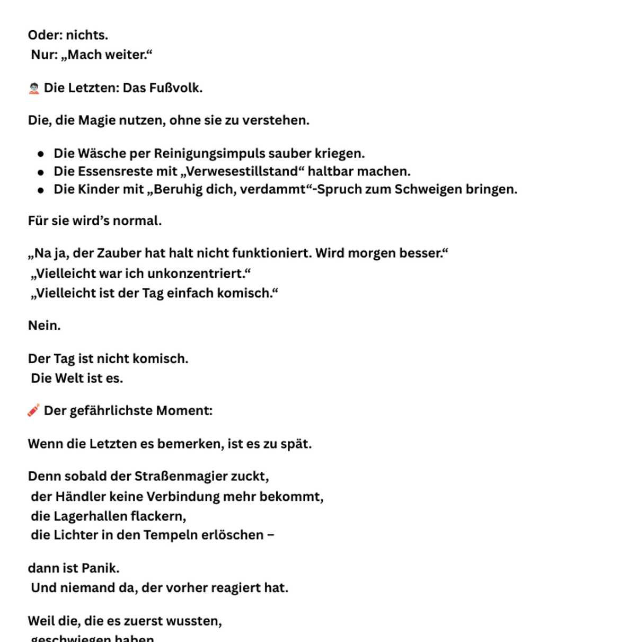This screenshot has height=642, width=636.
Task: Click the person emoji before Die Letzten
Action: tap(34, 88)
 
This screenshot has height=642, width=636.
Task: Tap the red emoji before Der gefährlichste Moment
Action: tap(33, 410)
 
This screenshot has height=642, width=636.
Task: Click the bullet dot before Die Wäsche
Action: tap(41, 154)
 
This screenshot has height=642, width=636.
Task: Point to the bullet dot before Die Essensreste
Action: tap(41, 172)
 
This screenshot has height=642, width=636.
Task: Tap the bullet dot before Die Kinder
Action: tap(41, 190)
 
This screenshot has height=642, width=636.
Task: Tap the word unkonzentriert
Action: tap(195, 274)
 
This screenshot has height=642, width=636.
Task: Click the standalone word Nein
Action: tap(44, 326)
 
